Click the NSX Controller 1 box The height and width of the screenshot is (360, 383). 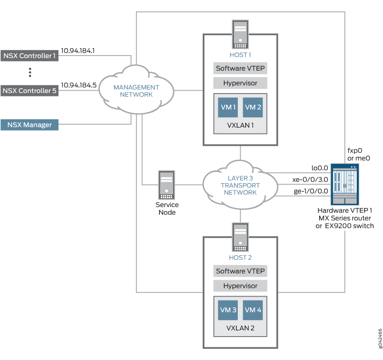29,56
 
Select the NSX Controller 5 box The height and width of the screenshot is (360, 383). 29,91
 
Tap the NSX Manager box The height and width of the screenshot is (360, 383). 29,125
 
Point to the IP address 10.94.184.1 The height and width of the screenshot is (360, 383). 78,50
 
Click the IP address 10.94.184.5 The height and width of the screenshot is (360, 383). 78,85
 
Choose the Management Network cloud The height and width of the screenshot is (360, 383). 136,91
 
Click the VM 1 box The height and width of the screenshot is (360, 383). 228,107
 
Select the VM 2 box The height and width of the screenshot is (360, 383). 253,107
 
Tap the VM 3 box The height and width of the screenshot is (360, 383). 228,310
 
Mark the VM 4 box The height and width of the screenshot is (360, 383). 253,310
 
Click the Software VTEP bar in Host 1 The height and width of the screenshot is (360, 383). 240,69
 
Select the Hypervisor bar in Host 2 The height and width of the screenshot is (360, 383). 240,286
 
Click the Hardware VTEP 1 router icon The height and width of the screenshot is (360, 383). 344,185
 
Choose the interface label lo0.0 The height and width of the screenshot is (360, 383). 319,167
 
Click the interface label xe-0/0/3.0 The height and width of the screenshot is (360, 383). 310,179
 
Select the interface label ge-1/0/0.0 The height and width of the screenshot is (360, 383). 310,191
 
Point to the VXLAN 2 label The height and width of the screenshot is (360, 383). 240,328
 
